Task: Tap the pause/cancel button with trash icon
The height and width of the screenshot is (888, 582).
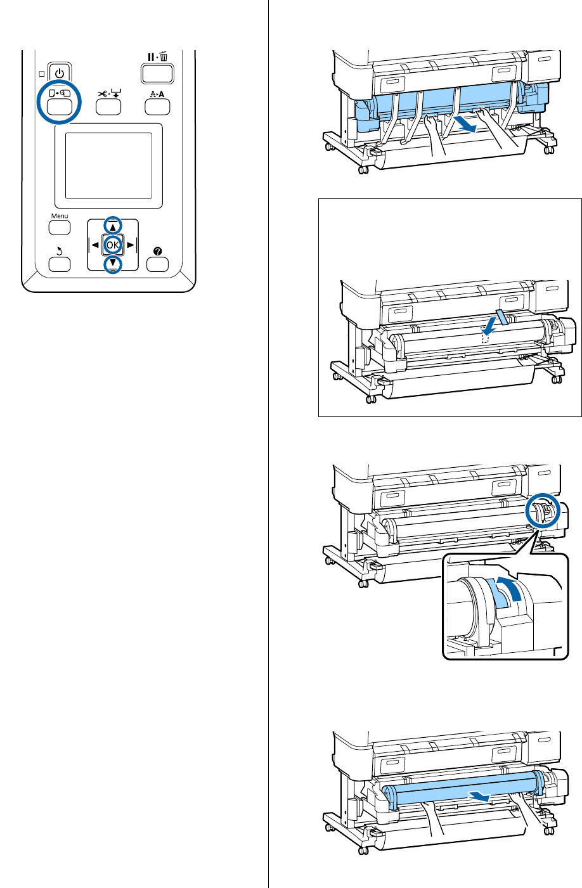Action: [x=157, y=72]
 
